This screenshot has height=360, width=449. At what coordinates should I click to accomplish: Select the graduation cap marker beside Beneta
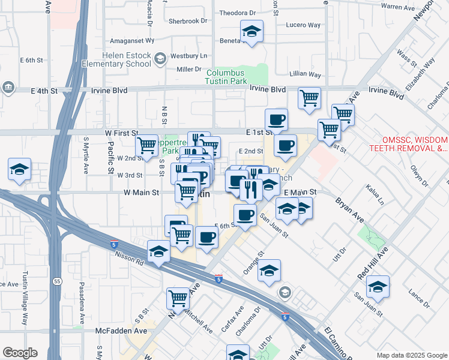pos(252,32)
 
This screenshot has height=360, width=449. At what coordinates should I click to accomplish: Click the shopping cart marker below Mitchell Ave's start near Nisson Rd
pos(178,298)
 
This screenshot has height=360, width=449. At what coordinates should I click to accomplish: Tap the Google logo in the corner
pos(20,353)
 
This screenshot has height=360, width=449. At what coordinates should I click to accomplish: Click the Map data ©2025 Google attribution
pos(411,355)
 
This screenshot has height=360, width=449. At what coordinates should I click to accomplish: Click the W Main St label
pos(141,193)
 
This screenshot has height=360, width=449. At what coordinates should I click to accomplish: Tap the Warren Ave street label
pos(399,7)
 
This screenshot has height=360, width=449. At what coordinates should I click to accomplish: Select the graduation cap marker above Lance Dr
pos(378,287)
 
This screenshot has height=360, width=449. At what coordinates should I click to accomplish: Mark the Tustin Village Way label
pos(26,305)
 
